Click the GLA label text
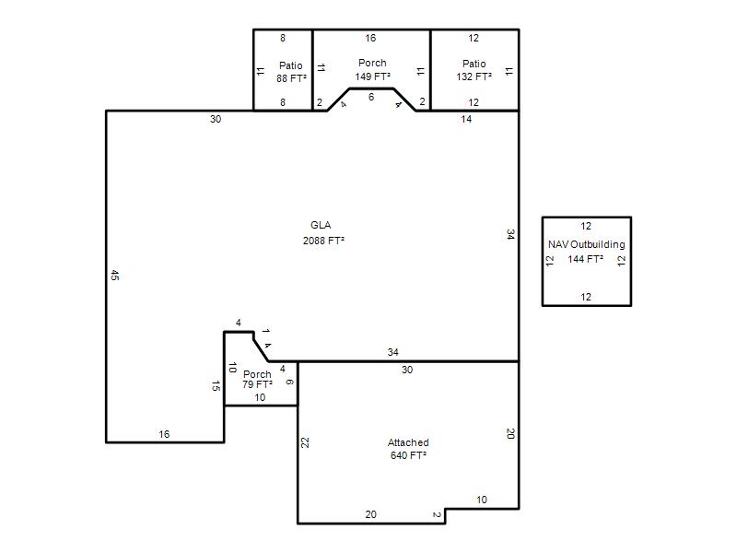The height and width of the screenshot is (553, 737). pos(321,225)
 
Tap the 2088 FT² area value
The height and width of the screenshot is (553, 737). pos(323,241)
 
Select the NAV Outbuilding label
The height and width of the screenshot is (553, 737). pos(587,244)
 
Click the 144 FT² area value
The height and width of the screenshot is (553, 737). pos(585,259)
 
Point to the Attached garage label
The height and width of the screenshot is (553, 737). pos(408,442)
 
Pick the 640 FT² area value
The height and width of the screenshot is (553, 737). pos(408,455)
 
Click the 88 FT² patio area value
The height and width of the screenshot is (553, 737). pos(291,78)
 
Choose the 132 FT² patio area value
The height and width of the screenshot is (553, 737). pos(474,76)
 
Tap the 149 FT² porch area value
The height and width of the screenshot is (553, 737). pos(372,76)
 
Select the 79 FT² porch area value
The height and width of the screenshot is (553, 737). pos(257,384)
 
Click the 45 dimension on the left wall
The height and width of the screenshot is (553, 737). pos(114,275)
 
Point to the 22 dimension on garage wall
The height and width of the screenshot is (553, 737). pos(305,442)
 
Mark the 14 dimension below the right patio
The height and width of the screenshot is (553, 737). pos(466,120)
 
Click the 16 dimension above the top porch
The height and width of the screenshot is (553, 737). pos(370,38)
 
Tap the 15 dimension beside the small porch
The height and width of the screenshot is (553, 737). pos(216,386)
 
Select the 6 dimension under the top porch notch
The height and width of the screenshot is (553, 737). pos(371,97)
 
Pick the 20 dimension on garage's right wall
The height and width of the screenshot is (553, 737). pos(510,433)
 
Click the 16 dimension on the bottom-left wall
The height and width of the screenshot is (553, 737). pos(164,434)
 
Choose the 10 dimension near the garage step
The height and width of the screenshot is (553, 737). pos(482,500)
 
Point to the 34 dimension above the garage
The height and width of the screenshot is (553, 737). pos(393,352)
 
